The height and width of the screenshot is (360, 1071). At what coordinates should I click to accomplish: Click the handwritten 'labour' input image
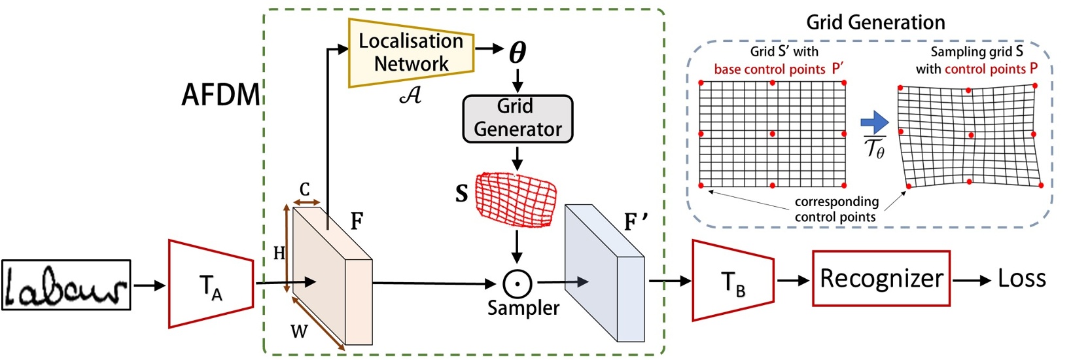66,285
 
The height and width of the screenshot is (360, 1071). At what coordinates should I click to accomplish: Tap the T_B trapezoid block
733,281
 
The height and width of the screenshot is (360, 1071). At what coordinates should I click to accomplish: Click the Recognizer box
881,279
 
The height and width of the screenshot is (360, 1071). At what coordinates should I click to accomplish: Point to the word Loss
1021,279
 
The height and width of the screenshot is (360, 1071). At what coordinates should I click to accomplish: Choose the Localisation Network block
411,52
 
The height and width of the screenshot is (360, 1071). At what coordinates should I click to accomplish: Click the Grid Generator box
518,118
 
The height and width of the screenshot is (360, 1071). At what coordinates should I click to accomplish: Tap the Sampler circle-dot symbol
517,283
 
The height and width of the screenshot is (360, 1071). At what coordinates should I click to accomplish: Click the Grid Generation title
875,22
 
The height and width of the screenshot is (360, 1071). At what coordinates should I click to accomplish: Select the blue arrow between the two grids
874,122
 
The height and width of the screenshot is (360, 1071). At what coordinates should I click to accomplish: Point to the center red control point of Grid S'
773,134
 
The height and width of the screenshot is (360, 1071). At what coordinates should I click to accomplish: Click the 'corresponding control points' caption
835,209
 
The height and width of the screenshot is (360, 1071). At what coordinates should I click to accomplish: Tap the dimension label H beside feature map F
279,253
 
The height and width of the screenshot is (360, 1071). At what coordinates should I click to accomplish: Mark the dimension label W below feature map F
299,331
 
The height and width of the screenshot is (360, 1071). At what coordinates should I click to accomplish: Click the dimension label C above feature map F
305,190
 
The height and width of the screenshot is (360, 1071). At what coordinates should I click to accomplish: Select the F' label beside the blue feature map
635,222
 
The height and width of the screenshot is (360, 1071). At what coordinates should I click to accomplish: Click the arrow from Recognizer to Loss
972,280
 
